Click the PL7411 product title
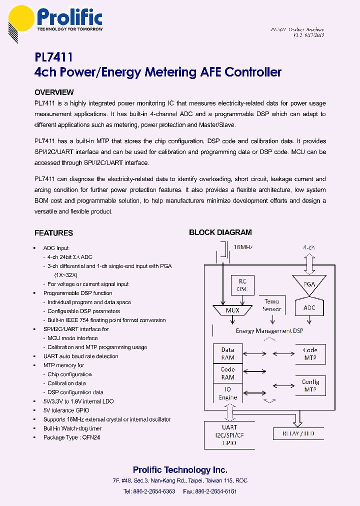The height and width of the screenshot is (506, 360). pos(53,58)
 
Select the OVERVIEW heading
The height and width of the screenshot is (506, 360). pos(54,92)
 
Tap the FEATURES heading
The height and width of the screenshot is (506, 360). pos(53,233)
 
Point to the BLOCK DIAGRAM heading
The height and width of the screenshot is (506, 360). pos(220,232)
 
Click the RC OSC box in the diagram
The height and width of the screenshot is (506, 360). pos(243,285)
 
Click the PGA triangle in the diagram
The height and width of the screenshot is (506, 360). pos(309,284)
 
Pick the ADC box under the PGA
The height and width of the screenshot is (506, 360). pos(309,308)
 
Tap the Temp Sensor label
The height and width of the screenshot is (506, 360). pos(271,305)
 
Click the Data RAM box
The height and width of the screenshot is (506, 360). pos(227,354)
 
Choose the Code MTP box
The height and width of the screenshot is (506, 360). pos(310,354)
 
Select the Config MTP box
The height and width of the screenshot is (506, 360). pos(310,385)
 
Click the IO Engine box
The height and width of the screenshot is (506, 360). pos(227,393)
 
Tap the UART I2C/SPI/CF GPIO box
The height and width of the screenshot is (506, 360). pos(229,435)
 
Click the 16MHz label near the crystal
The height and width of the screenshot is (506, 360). pos(243,247)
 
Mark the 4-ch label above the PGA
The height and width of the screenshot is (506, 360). pos(309,247)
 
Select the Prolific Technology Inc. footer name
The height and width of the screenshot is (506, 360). pos(180,470)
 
